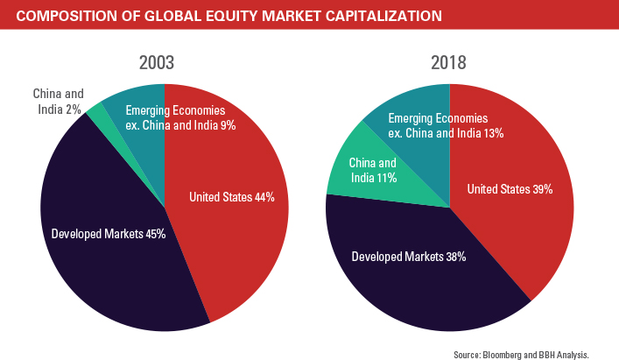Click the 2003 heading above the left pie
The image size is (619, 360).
[x=164, y=64]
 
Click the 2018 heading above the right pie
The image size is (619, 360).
[x=449, y=64]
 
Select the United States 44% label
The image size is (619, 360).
[x=232, y=198]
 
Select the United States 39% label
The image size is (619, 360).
[x=509, y=189]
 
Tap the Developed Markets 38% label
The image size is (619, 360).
[x=408, y=257]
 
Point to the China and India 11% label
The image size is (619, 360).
[x=373, y=170]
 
